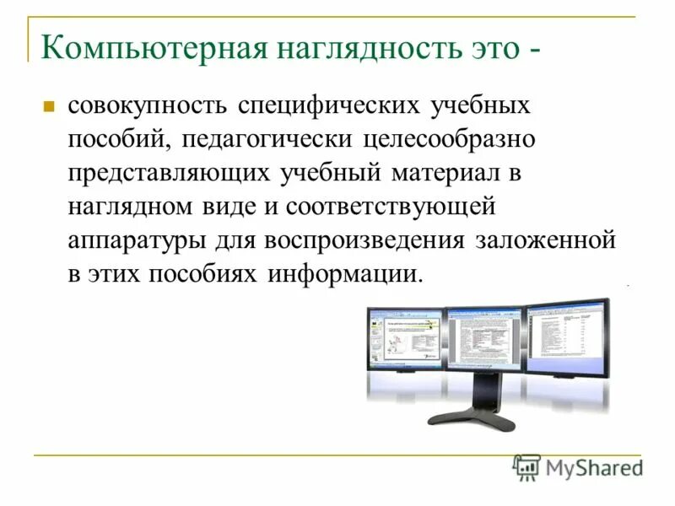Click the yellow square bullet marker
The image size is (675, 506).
(49, 107)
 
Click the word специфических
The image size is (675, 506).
(330, 107)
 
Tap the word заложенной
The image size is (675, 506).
(546, 240)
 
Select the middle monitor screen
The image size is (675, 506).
(485, 337)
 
